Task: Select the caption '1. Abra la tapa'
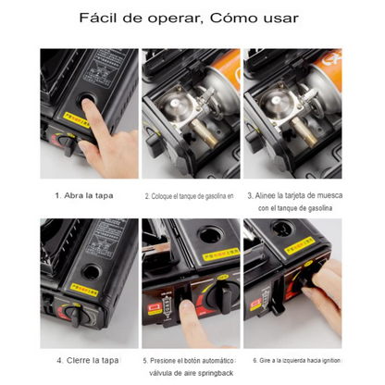(85, 196)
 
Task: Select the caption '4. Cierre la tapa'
(86, 360)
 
